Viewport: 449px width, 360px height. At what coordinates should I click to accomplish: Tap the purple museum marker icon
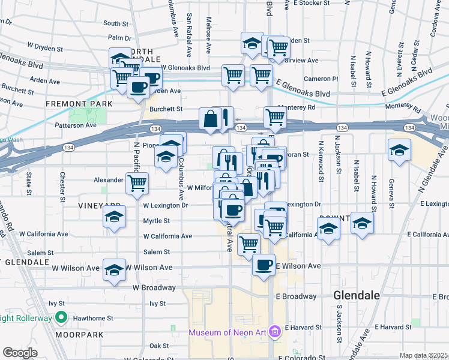pyautogui.click(x=276, y=331)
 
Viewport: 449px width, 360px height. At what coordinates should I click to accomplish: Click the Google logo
pyautogui.click(x=20, y=352)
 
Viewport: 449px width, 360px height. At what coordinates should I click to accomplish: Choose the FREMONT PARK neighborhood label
pyautogui.click(x=80, y=104)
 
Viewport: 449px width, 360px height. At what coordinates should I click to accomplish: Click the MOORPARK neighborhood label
pyautogui.click(x=73, y=334)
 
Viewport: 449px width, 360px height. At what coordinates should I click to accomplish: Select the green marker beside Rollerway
pyautogui.click(x=61, y=317)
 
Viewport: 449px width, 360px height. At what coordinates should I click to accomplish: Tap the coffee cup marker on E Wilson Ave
pyautogui.click(x=264, y=265)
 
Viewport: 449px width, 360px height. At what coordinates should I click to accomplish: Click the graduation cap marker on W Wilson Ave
pyautogui.click(x=114, y=269)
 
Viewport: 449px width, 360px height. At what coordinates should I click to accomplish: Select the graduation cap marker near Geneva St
pyautogui.click(x=399, y=150)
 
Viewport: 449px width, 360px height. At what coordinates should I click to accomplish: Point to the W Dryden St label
pyautogui.click(x=45, y=46)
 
